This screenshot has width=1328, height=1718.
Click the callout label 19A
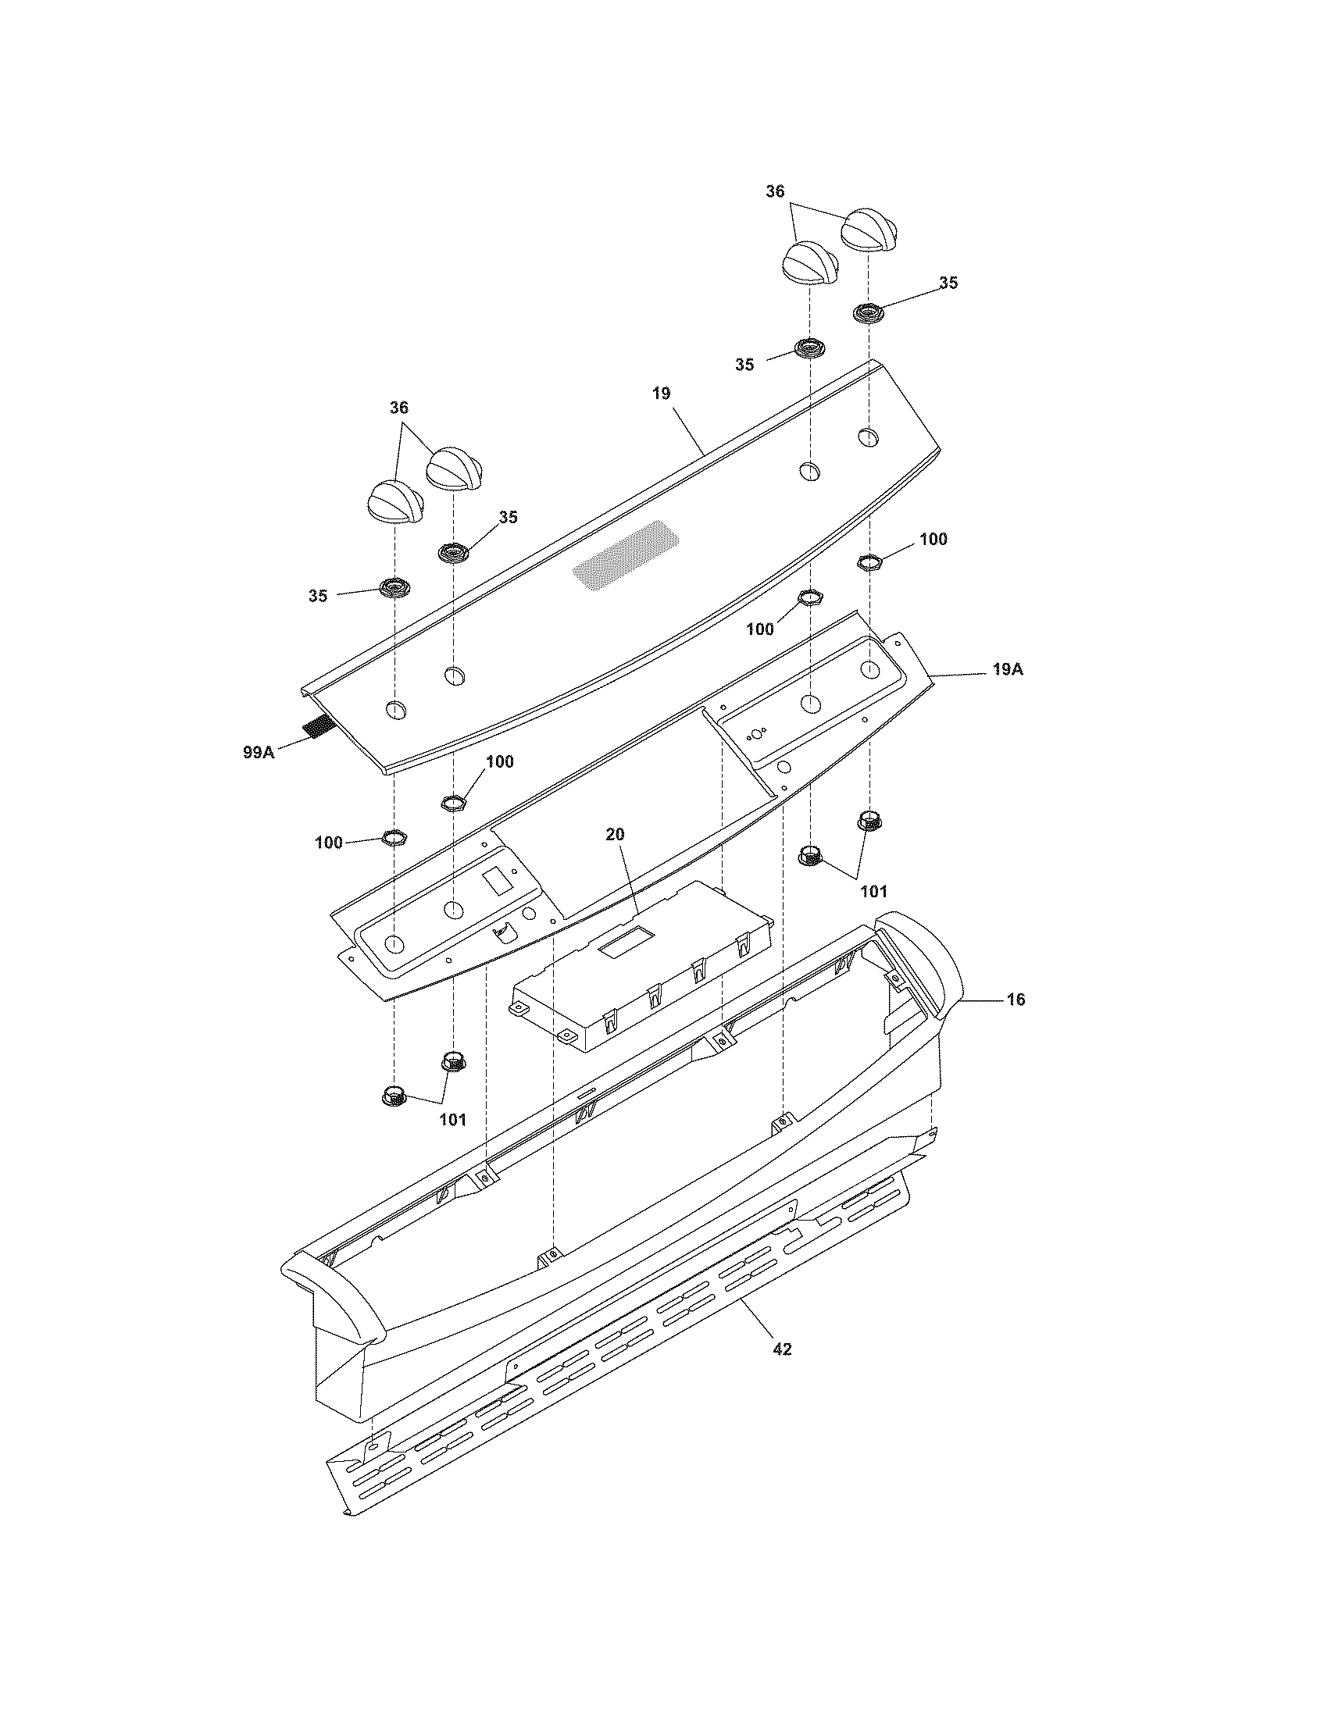pyautogui.click(x=1007, y=670)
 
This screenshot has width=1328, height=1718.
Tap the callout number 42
pyautogui.click(x=781, y=1349)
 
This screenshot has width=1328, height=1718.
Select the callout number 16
pyautogui.click(x=1016, y=1000)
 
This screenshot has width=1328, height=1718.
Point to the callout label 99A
pyautogui.click(x=258, y=752)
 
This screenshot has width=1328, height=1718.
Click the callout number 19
pyautogui.click(x=661, y=394)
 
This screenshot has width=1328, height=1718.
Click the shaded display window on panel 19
pyautogui.click(x=626, y=558)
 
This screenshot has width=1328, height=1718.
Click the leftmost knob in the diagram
pyautogui.click(x=397, y=501)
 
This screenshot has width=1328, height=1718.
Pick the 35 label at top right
pyautogui.click(x=948, y=283)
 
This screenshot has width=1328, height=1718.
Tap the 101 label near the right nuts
pyautogui.click(x=873, y=891)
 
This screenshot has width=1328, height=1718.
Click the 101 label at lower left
pyautogui.click(x=452, y=1120)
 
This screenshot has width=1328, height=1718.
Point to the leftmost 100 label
pyautogui.click(x=329, y=843)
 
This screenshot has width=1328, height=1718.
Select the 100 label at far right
pyautogui.click(x=933, y=540)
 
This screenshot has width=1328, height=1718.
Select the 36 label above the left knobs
pyautogui.click(x=400, y=408)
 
